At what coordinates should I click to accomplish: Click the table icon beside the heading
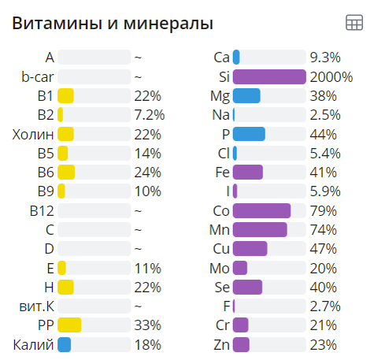(354, 23)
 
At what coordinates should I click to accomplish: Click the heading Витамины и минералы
(113, 24)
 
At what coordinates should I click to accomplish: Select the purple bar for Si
(269, 76)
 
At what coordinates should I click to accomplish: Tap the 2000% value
(331, 76)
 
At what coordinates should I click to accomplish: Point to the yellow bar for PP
(69, 325)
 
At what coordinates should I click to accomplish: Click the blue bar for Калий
(65, 344)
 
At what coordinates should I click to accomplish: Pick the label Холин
(33, 134)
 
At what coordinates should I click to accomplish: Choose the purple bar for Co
(262, 210)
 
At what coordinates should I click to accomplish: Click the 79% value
(324, 210)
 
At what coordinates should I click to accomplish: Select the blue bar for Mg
(246, 95)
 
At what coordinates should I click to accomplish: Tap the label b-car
(38, 76)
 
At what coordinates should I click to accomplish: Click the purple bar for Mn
(260, 229)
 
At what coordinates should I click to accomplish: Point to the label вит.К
(35, 306)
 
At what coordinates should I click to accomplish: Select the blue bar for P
(249, 134)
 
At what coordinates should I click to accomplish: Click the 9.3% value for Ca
(325, 58)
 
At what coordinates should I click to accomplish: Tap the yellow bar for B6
(66, 172)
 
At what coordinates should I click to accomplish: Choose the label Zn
(221, 344)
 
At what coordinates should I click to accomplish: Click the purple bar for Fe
(248, 172)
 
